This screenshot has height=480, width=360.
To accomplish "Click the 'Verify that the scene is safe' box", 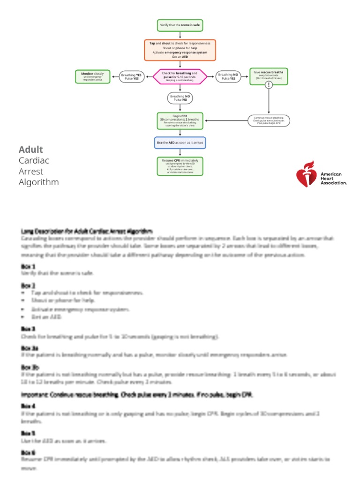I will [180, 25].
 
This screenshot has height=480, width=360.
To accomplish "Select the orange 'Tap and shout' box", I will [180, 50].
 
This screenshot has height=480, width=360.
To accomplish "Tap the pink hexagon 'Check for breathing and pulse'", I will [180, 77].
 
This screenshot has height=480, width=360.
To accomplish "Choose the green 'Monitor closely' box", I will [93, 76].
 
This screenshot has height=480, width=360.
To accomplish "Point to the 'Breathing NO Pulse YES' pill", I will [228, 77].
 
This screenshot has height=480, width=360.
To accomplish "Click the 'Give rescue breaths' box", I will [269, 75].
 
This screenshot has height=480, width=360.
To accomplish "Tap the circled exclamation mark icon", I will [269, 85].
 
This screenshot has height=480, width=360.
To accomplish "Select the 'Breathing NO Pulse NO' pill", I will [180, 98].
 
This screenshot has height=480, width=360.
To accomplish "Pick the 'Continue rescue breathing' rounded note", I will [269, 120].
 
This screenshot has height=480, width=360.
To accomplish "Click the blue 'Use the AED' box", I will [180, 142].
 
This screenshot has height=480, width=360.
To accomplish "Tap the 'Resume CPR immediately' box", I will [180, 166].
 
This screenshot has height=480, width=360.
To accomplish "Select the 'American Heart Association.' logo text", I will [333, 178].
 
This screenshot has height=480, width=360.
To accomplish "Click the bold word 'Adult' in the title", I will [31, 150].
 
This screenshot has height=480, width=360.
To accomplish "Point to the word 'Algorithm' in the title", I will [39, 182].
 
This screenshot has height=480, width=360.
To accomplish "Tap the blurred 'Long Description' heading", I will [87, 231].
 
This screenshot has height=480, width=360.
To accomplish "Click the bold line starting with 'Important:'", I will [137, 395].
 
